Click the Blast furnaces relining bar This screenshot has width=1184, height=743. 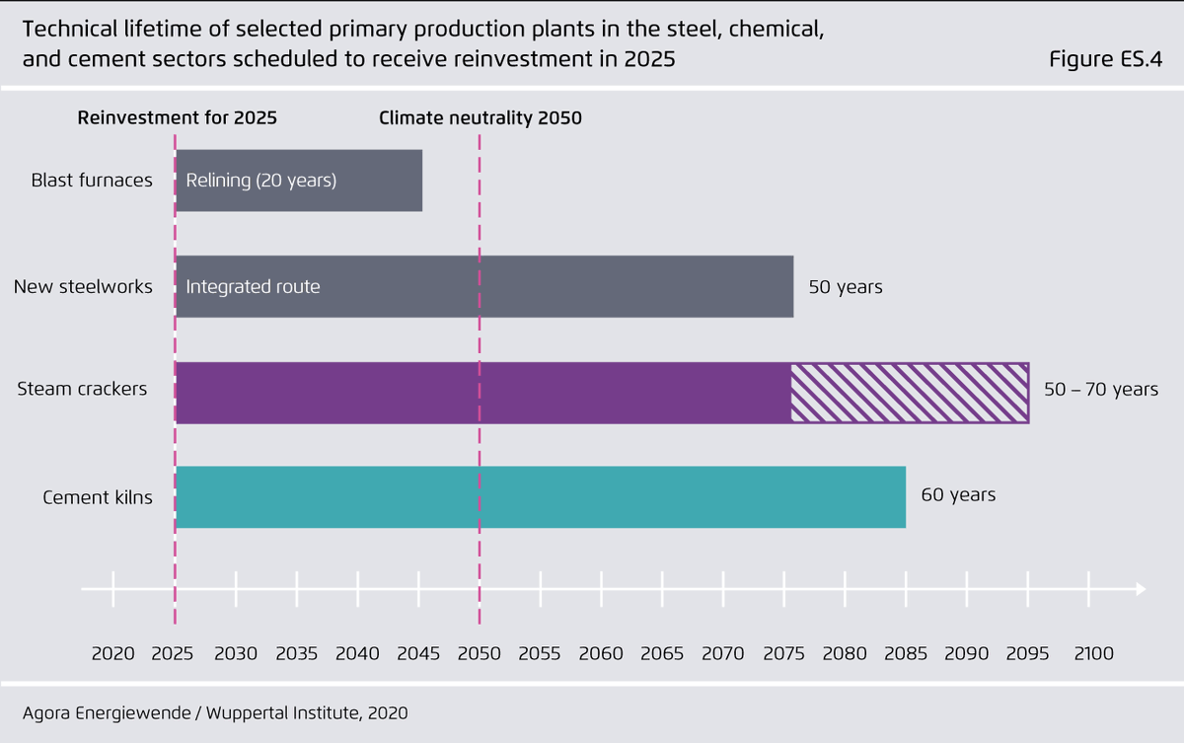click(299, 181)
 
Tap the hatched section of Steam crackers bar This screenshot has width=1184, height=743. click(909, 394)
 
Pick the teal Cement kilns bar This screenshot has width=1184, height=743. click(540, 497)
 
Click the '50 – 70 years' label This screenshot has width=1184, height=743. click(1101, 390)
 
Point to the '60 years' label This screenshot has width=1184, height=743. click(958, 494)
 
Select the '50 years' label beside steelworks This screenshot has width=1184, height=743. click(846, 287)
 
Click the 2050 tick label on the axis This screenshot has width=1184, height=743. click(479, 653)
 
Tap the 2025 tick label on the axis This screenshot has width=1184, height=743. click(174, 653)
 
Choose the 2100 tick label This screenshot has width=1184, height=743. click(1093, 653)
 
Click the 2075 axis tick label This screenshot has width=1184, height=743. click(783, 653)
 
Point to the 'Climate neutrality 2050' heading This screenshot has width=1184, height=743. click(481, 118)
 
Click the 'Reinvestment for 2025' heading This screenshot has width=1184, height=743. click(178, 118)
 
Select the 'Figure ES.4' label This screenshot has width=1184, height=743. click(1105, 59)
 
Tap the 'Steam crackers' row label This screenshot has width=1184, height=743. click(82, 389)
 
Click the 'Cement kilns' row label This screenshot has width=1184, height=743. click(98, 497)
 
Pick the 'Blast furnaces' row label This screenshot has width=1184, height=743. click(92, 181)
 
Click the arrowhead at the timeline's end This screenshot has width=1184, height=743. click(1141, 589)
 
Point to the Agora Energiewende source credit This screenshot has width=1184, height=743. click(214, 712)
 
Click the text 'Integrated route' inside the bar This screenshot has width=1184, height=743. click(253, 287)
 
